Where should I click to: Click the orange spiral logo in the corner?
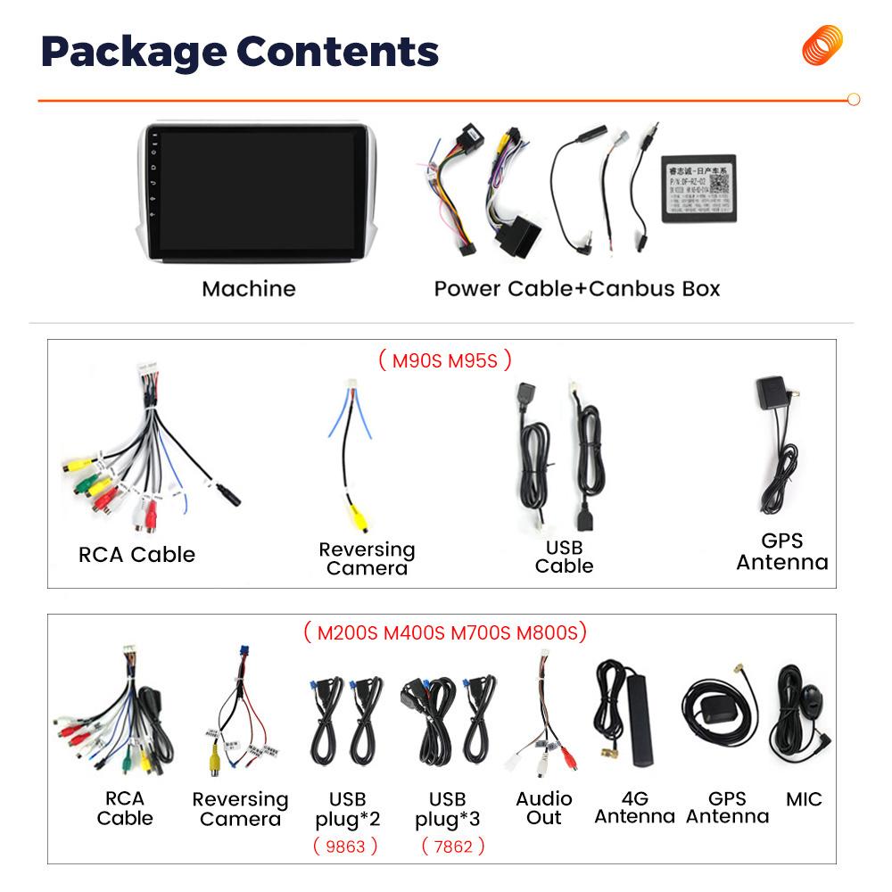[x=822, y=45]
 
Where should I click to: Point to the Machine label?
[x=248, y=288]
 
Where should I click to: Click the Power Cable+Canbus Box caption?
[x=576, y=288]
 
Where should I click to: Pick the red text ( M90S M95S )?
[x=444, y=360]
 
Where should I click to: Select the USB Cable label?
[x=564, y=557]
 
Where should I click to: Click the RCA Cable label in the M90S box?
[x=136, y=554]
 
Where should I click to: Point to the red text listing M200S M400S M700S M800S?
[x=445, y=632]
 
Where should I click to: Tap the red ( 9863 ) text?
[x=345, y=846]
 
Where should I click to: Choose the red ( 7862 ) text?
[x=452, y=846]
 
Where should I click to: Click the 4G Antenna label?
[x=634, y=807]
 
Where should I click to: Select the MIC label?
[x=804, y=799]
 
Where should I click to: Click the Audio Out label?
[x=544, y=807]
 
